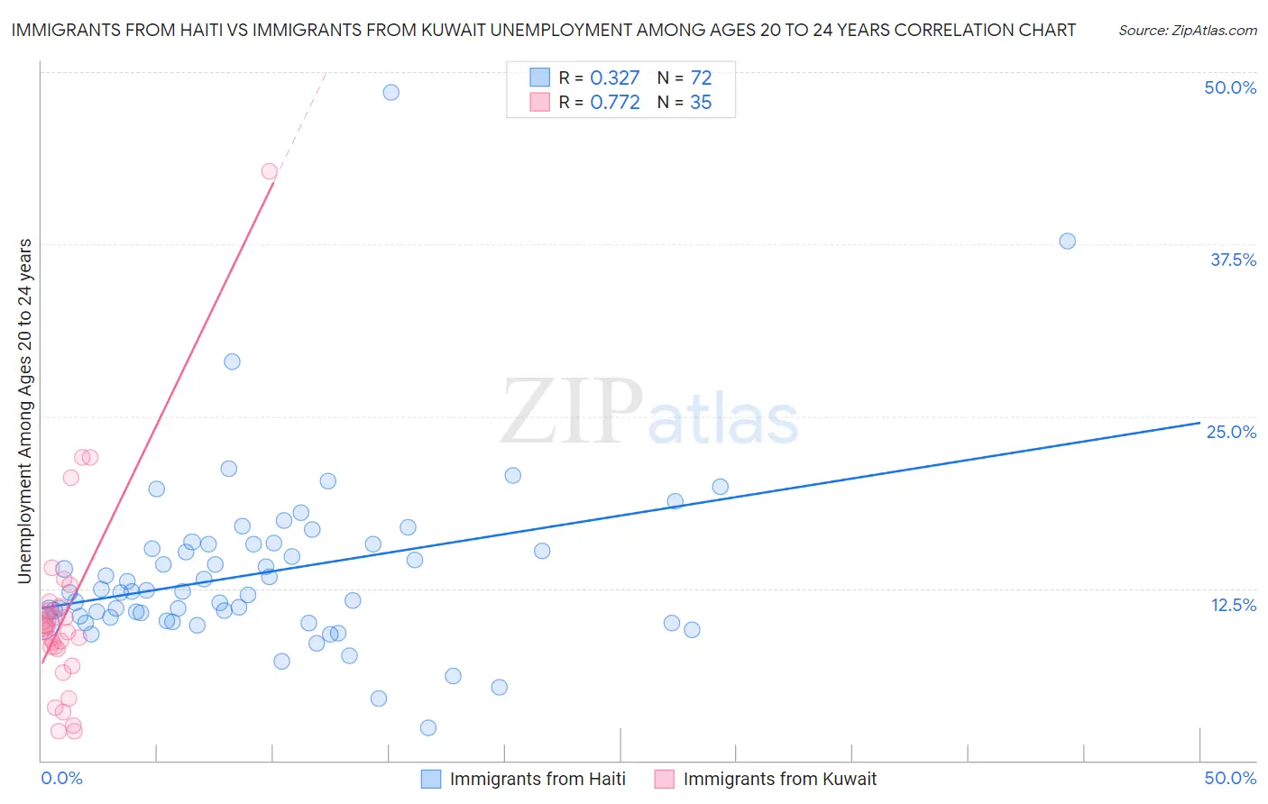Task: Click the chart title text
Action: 543,30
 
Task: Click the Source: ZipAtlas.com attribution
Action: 1187,30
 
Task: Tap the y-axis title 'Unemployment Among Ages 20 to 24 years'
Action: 25,410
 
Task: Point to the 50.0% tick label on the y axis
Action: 1230,87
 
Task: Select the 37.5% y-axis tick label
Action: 1233,260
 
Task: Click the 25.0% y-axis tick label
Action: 1231,432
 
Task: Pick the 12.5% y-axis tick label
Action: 1233,605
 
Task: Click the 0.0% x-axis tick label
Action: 61,778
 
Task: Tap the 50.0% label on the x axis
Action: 1230,778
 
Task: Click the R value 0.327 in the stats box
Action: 614,78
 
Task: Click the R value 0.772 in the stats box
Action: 614,103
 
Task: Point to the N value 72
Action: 701,78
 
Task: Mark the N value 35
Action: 701,103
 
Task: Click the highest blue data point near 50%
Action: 391,92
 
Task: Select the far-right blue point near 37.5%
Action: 1067,241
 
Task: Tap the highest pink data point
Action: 269,171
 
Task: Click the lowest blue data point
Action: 428,727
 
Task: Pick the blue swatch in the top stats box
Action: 539,78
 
